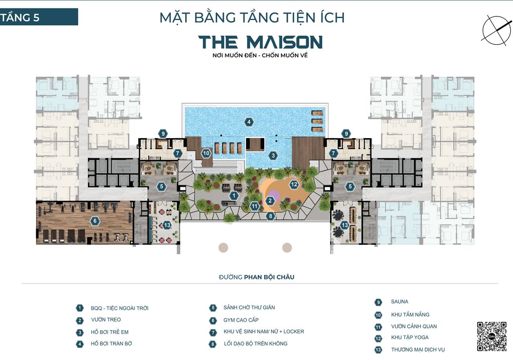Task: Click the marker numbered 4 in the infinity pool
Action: pos(249,122)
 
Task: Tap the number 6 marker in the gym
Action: pos(95,221)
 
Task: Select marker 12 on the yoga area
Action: pos(294,185)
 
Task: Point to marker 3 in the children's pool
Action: pos(273,156)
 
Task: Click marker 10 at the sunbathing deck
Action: pos(206,153)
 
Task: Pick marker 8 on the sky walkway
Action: pos(271,216)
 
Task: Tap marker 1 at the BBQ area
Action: pos(234,196)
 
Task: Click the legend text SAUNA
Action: pos(400,302)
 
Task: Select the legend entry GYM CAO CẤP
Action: pos(241,320)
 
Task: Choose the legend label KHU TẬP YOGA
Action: pos(410,337)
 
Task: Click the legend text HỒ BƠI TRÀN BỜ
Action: pos(111,344)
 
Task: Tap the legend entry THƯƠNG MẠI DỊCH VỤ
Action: pos(418,350)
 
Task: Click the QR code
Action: pos(492,336)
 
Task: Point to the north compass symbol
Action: pos(497,30)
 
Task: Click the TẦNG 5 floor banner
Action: pos(39,17)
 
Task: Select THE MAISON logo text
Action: pos(261,42)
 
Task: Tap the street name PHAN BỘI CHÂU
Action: pos(269,277)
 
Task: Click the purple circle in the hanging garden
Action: pos(275,196)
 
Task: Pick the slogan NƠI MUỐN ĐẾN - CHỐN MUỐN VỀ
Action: pos(260,55)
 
